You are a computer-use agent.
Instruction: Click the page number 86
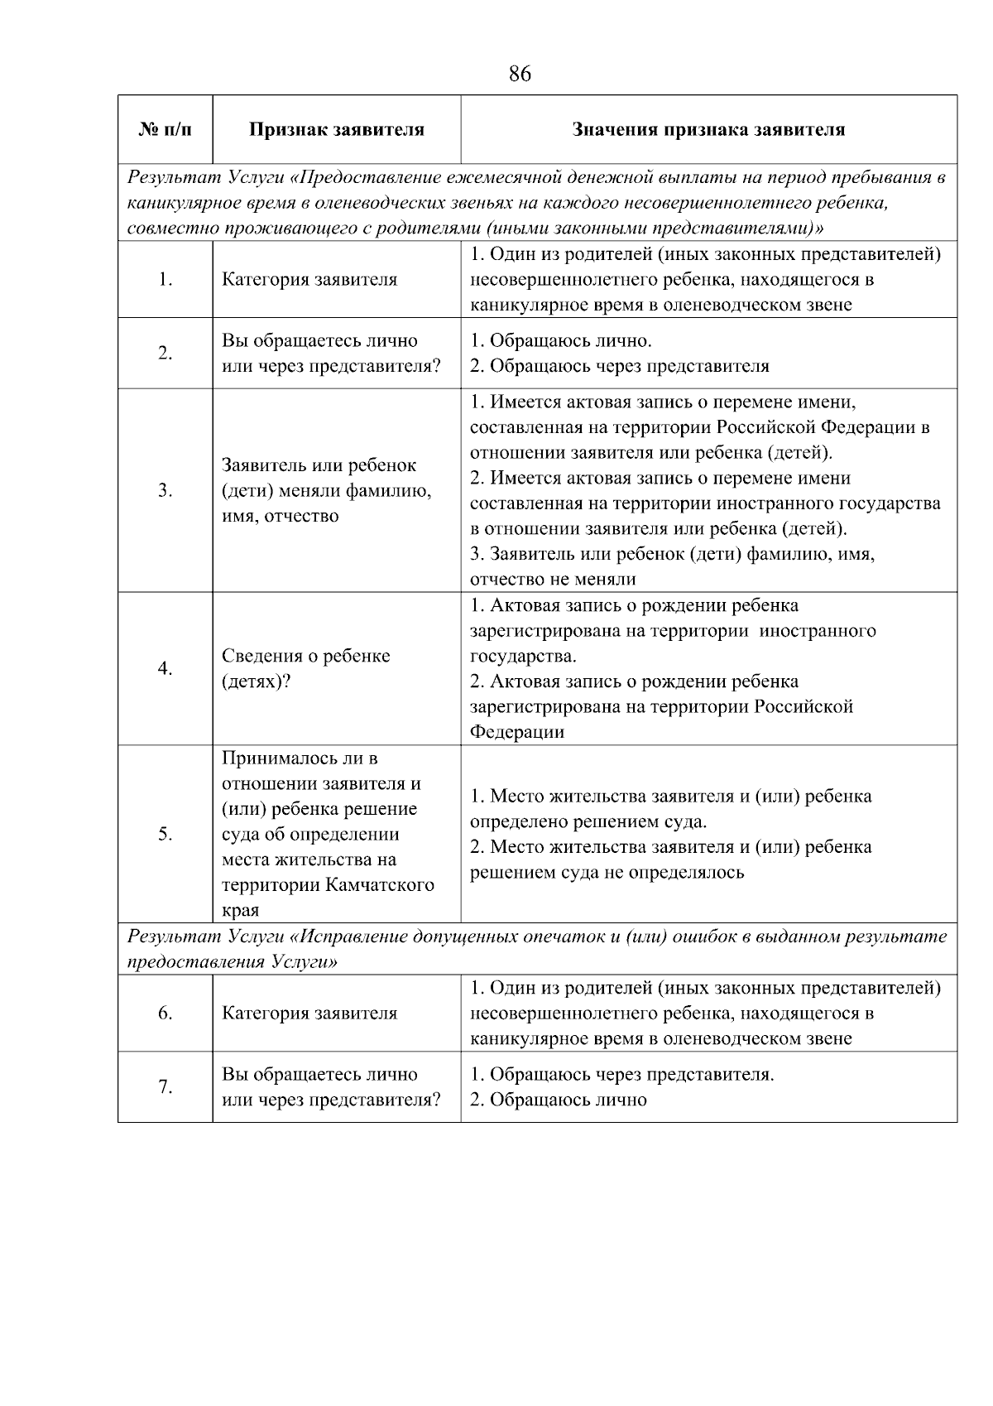[x=520, y=75]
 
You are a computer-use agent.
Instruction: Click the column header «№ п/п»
[x=165, y=129]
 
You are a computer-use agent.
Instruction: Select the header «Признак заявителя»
[x=337, y=129]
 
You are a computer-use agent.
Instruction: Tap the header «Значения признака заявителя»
[x=708, y=129]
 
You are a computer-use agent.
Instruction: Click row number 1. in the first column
[x=165, y=280]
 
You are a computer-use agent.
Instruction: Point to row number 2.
[x=165, y=354]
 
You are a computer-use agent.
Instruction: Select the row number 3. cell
[x=165, y=491]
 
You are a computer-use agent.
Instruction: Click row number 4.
[x=165, y=669]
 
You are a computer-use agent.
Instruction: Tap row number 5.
[x=165, y=835]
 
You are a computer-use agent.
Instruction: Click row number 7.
[x=165, y=1087]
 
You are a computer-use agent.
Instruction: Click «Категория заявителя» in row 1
[x=309, y=280]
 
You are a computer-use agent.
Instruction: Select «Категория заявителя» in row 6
[x=309, y=1014]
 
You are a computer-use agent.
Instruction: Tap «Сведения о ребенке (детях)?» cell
[x=305, y=669]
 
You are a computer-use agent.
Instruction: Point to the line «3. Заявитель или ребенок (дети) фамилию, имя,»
[x=672, y=554]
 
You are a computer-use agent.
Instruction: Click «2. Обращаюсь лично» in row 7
[x=558, y=1100]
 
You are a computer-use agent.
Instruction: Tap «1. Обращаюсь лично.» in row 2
[x=560, y=341]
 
